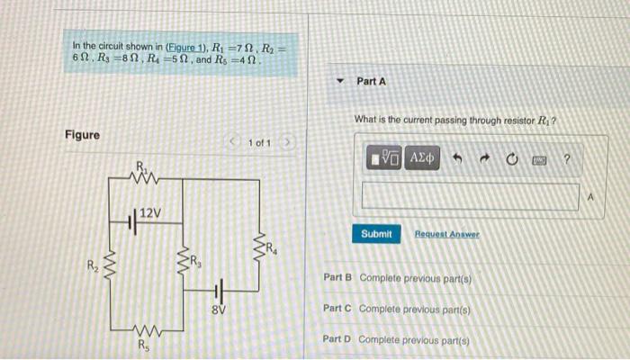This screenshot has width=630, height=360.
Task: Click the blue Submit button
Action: pos(376,234)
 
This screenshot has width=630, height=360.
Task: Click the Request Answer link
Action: pos(447,234)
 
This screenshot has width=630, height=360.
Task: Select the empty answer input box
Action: pos(470,196)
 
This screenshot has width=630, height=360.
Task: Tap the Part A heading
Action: pos(371,81)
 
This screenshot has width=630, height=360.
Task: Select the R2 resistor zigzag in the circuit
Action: pos(112,266)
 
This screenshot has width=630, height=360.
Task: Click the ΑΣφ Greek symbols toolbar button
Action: pos(422,159)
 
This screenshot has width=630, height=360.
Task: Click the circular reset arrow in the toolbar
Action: pos(512,160)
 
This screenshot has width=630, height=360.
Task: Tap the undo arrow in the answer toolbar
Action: pos(457,160)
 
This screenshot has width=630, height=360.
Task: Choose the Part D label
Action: pos(337,339)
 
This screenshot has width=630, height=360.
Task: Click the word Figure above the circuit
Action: pos(83,135)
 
